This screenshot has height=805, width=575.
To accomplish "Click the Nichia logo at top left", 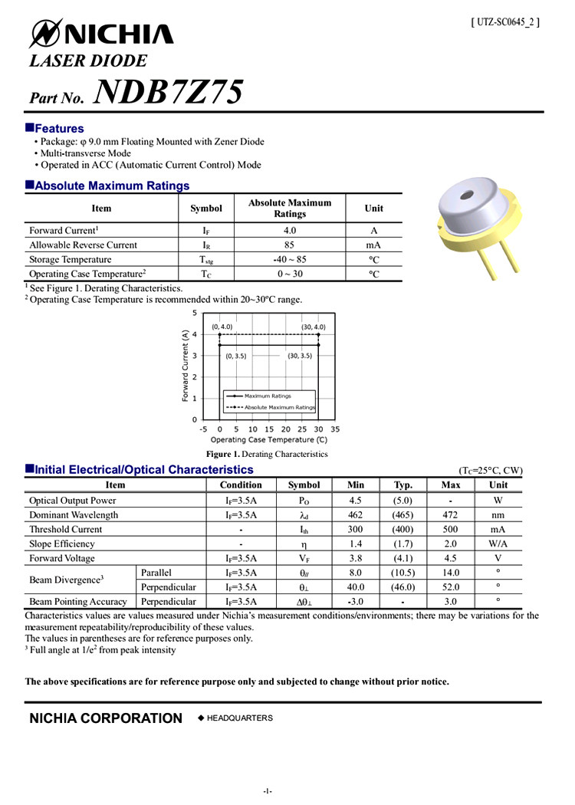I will coord(101,33).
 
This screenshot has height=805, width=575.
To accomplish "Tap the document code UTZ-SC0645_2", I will coord(505,22).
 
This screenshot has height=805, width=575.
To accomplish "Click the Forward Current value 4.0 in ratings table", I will coord(289,230).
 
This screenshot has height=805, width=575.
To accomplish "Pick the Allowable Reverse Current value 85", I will coord(289,245).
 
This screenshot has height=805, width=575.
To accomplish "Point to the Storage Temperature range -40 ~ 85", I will coord(289,260).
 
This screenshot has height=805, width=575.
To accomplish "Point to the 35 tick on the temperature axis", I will coord(335,429).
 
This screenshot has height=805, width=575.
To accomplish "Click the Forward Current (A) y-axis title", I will coord(186,366).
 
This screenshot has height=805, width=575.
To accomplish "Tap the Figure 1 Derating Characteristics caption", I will coord(261,454).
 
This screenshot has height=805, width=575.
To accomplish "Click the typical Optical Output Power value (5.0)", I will coord(402,501).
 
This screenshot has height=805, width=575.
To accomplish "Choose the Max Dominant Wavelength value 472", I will coord(451,515).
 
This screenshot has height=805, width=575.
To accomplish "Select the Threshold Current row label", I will coord(65,530).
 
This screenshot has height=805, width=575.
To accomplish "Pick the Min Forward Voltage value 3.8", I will coord(355,559).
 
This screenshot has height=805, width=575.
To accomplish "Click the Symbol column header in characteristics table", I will coord(304,485).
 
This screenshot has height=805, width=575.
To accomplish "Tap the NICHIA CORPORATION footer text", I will coord(106,718).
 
